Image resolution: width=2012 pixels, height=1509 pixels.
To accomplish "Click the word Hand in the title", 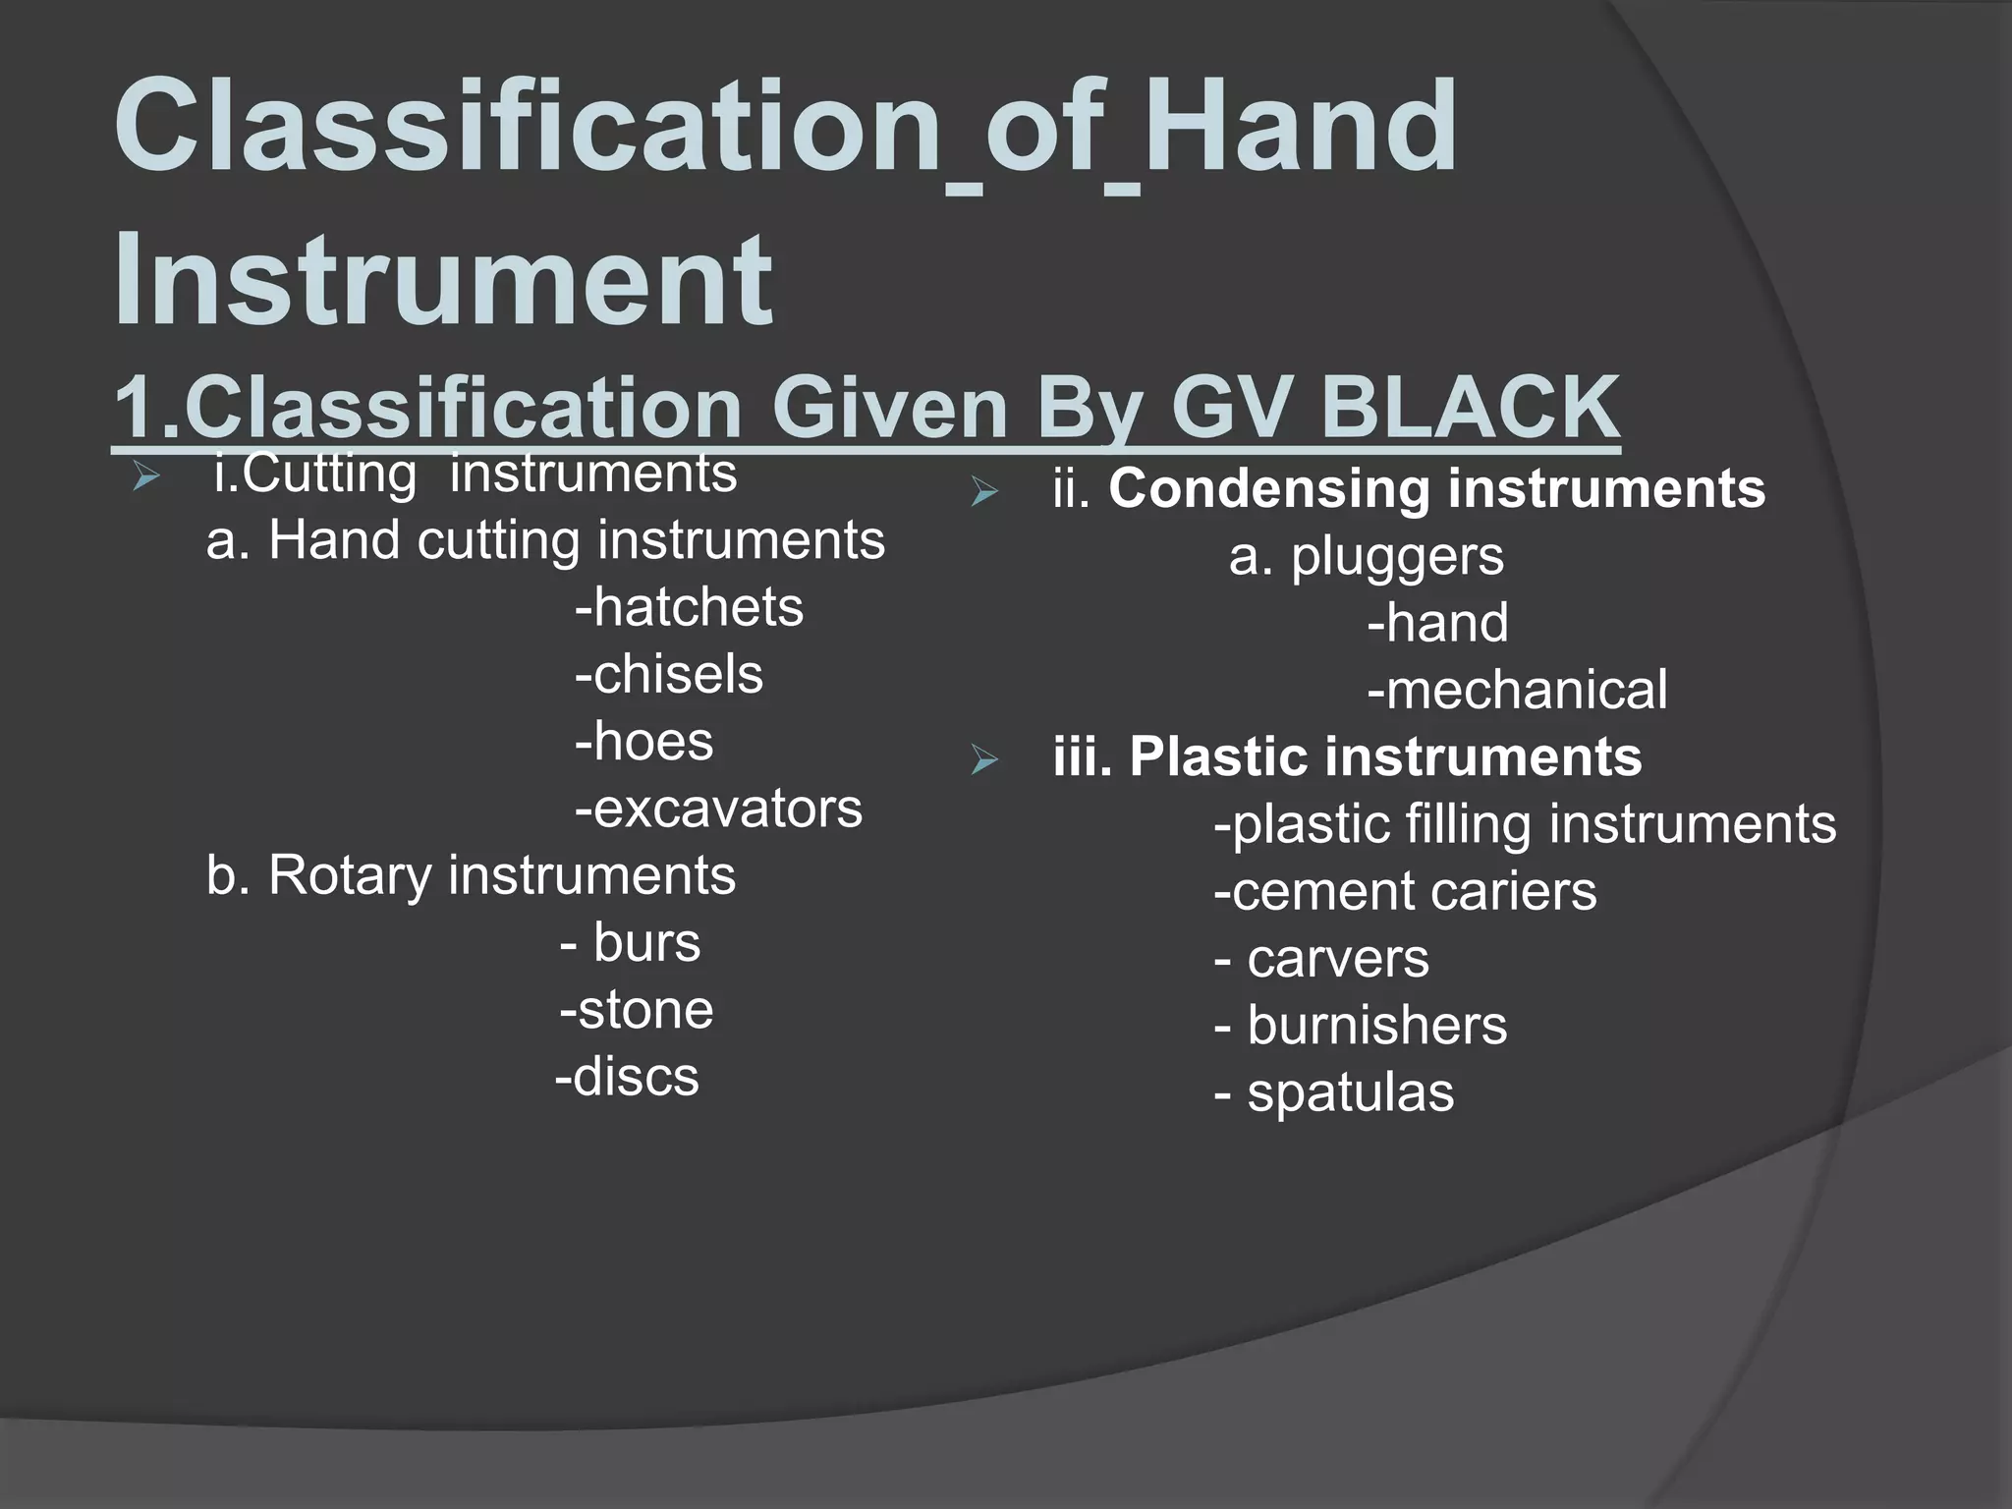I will tap(1301, 128).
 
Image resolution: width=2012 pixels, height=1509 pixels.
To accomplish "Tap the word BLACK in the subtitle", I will tap(1471, 408).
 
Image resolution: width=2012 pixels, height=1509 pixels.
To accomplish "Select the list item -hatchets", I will tap(690, 607).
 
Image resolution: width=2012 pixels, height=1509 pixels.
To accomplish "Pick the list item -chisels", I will tap(669, 675).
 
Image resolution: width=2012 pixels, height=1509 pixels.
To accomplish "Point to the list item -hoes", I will tap(644, 742).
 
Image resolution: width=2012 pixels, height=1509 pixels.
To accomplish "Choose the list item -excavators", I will tap(718, 809).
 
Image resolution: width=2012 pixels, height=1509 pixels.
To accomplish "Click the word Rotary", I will tap(349, 875).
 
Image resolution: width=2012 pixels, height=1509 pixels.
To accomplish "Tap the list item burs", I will tap(646, 943).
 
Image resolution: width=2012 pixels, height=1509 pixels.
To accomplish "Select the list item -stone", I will tap(637, 1010).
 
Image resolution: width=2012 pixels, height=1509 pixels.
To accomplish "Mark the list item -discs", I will tap(628, 1077).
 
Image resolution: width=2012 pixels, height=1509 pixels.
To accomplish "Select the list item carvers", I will tap(1337, 959).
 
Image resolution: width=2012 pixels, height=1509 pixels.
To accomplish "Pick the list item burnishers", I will tap(1376, 1026).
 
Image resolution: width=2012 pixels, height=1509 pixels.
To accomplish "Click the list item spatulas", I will tap(1350, 1092).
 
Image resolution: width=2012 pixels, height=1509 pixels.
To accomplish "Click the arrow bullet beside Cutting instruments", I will tap(146, 478).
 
